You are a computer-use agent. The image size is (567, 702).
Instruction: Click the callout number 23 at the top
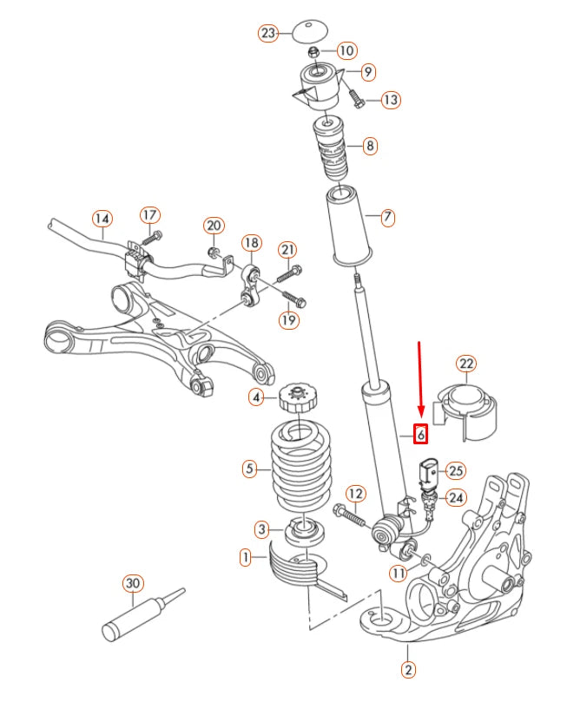pyautogui.click(x=268, y=34)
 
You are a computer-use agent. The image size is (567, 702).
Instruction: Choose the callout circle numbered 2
pyautogui.click(x=408, y=669)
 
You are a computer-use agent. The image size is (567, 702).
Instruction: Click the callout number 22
pyautogui.click(x=466, y=364)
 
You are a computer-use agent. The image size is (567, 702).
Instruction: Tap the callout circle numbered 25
pyautogui.click(x=456, y=470)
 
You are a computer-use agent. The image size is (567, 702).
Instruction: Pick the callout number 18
pyautogui.click(x=250, y=242)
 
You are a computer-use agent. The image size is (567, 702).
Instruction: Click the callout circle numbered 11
pyautogui.click(x=398, y=573)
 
